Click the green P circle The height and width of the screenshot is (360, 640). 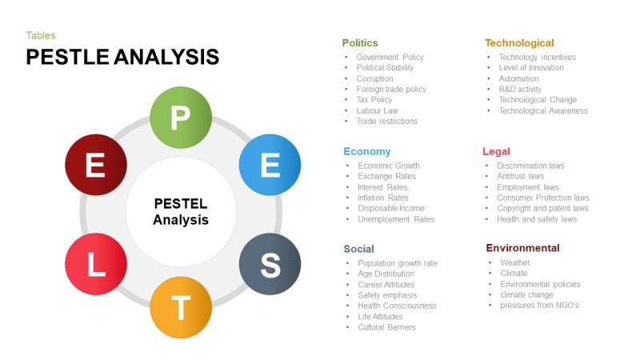point(181,119)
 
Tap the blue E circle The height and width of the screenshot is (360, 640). point(270,165)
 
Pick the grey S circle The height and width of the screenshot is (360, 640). point(270,266)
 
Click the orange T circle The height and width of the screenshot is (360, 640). point(181,307)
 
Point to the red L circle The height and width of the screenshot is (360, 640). point(95,266)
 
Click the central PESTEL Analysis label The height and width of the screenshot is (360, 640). point(181,211)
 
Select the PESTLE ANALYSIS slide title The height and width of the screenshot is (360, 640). point(122,57)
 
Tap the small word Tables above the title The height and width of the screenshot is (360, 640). point(41,35)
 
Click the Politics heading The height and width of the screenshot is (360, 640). point(360,42)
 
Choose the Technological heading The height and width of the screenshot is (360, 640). point(519,42)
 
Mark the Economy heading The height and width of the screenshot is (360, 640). point(367,151)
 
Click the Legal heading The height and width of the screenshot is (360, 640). point(496,151)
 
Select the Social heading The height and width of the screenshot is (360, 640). point(359,249)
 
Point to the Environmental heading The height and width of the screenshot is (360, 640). point(522,248)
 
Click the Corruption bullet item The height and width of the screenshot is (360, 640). point(374,78)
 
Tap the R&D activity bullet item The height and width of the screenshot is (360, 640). point(520,90)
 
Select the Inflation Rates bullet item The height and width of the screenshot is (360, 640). point(383,198)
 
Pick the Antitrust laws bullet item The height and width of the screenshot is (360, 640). point(520,176)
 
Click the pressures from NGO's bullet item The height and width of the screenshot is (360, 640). point(539,306)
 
